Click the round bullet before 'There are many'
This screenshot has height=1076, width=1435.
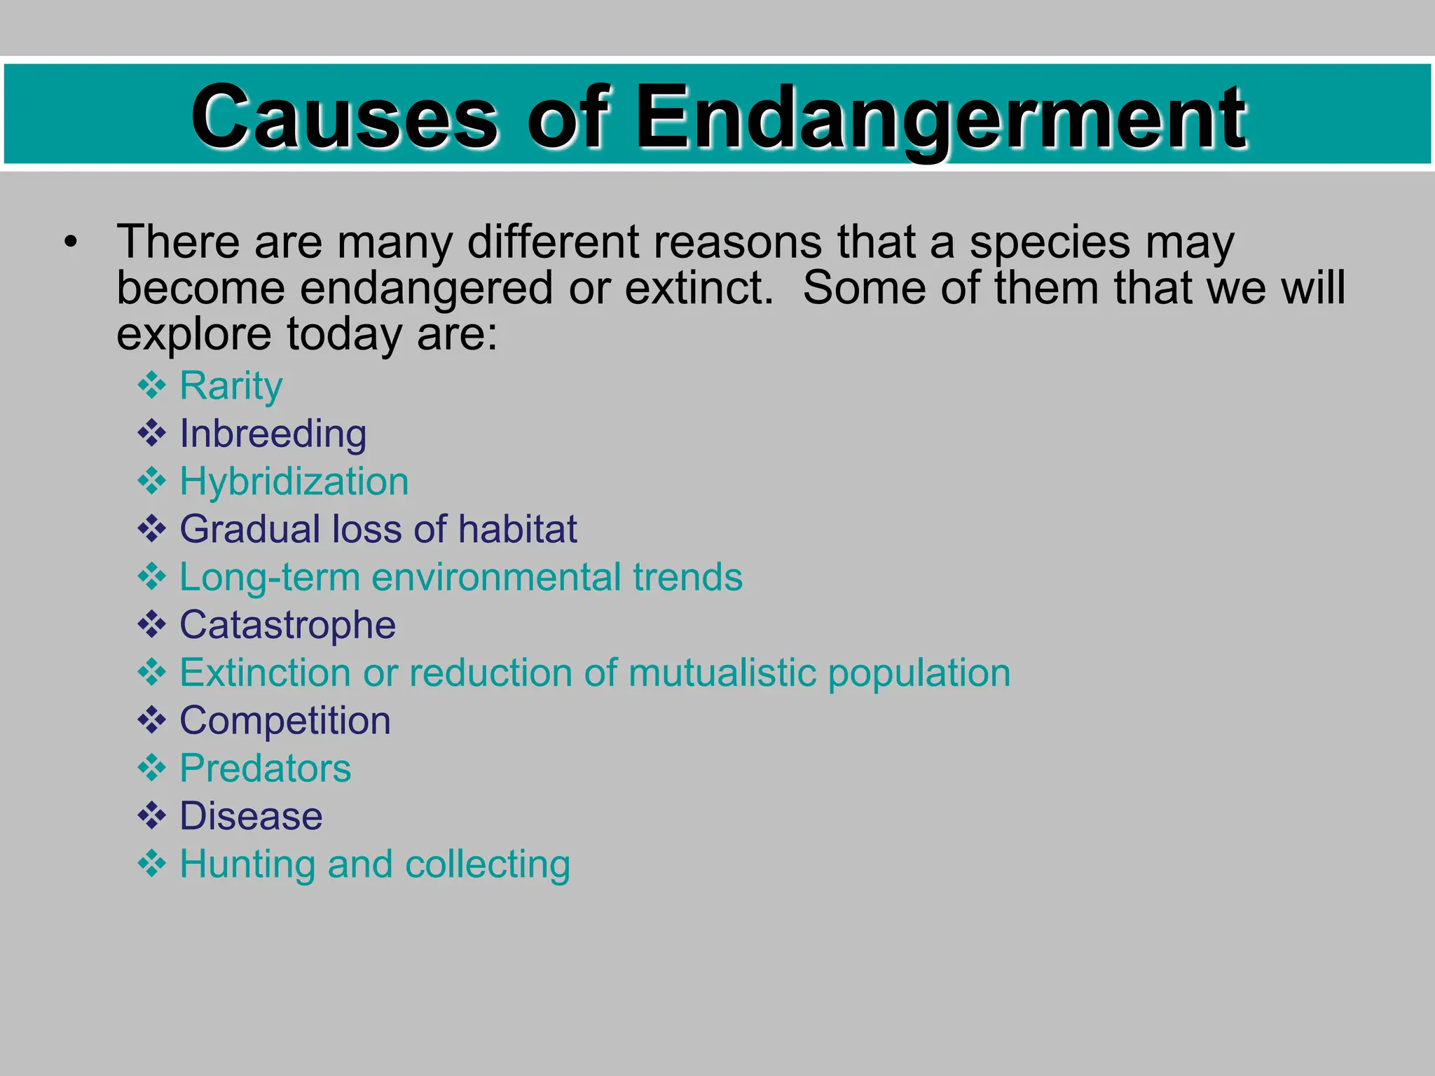(x=70, y=242)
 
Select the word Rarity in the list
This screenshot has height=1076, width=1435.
(x=231, y=386)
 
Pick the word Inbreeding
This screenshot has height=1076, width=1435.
(x=273, y=434)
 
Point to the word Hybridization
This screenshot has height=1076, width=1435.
(x=294, y=482)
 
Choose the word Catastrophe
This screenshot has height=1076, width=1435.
(x=288, y=625)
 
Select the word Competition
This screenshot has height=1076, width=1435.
(x=285, y=721)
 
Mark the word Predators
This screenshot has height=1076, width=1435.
(x=266, y=768)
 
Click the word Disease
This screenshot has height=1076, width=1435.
(x=251, y=817)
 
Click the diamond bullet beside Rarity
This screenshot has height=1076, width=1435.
(x=152, y=385)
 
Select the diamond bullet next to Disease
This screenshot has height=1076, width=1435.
(x=152, y=816)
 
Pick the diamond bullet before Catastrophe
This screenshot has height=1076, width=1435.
(x=152, y=624)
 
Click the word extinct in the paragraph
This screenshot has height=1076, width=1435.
(x=697, y=288)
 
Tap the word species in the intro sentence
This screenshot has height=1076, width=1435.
(x=1050, y=242)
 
